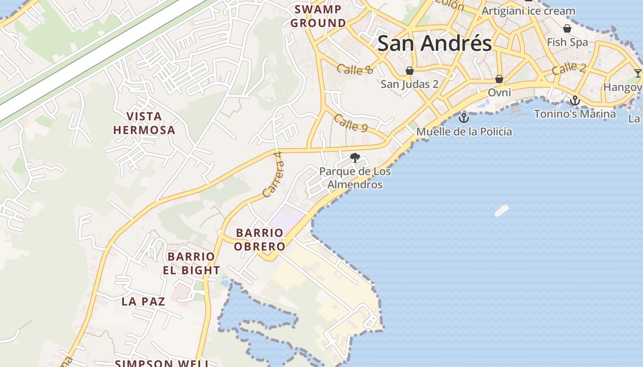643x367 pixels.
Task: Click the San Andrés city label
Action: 434,44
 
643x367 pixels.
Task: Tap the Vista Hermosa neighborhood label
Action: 144,123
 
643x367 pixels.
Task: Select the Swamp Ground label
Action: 318,16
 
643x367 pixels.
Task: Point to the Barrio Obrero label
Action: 259,239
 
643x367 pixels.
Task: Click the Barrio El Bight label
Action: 191,263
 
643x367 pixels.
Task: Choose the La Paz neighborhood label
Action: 143,301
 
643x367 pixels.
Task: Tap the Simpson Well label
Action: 162,363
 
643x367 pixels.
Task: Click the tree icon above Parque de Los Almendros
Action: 355,158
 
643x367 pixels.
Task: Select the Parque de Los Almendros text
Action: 355,178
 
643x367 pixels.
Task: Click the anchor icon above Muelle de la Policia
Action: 464,118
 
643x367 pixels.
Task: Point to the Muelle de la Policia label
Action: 464,132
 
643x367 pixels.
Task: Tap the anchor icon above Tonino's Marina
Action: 575,100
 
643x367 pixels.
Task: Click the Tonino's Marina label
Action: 575,113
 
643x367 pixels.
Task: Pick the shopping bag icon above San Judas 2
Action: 409,71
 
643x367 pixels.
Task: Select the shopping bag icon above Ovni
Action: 499,79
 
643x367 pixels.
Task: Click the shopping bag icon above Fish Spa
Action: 567,28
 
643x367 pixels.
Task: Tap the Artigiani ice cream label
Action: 528,11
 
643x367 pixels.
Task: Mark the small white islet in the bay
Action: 502,211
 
